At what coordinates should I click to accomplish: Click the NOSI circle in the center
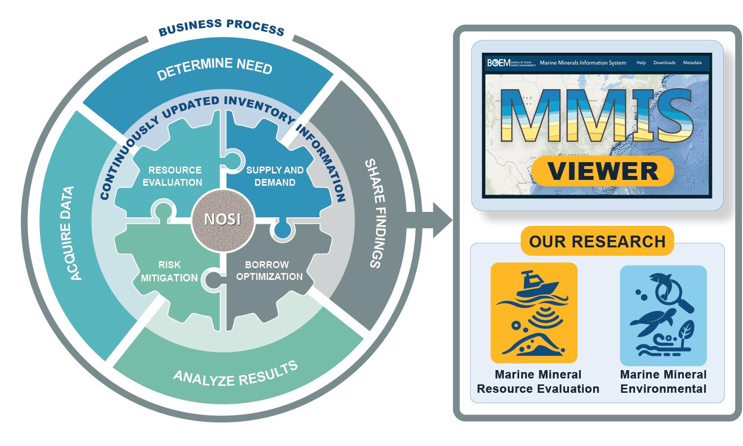point(222,218)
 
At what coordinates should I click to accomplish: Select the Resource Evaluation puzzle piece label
point(175,176)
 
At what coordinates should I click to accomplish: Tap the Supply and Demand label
point(275,176)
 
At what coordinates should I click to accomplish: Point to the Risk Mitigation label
point(169,272)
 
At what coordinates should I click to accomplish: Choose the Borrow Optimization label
point(269,271)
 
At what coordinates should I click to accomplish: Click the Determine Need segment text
point(214,68)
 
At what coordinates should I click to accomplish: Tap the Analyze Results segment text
point(236,374)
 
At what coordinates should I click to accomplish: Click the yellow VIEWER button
point(602,171)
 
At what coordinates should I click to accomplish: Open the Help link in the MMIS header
point(641,63)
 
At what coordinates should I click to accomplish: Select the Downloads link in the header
point(664,63)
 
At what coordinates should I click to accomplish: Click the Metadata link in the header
point(692,63)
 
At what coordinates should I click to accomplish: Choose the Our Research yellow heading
point(597,241)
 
